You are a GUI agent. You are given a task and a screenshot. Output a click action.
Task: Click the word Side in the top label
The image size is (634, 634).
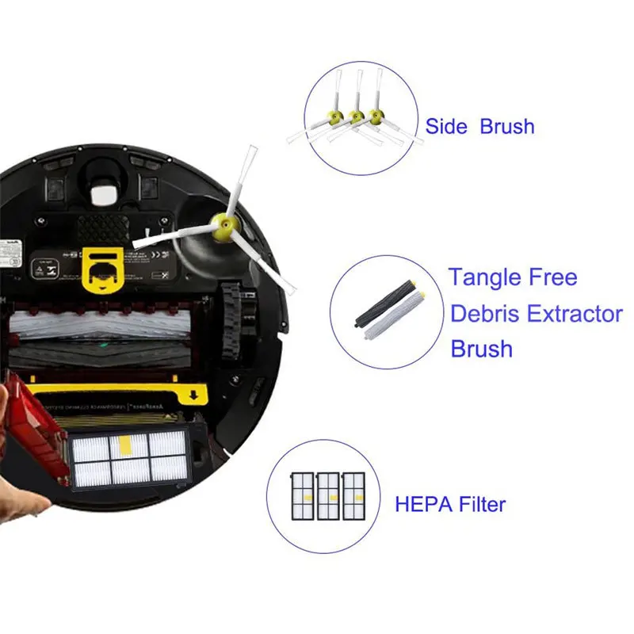446,126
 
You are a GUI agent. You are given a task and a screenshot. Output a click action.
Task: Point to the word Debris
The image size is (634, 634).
486,313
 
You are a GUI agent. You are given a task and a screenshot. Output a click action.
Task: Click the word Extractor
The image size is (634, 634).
576,313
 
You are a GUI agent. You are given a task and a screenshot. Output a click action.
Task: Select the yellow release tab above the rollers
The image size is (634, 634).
100,269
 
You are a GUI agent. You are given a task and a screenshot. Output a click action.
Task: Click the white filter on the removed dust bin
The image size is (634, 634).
130,460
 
